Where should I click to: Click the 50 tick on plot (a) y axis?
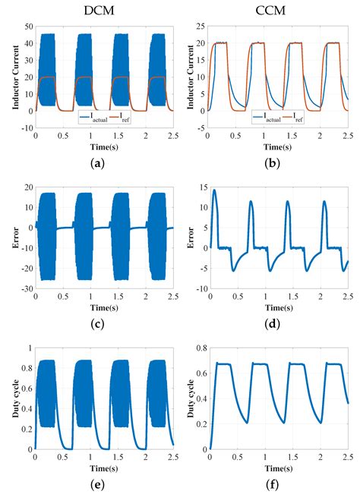coord(27,27)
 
